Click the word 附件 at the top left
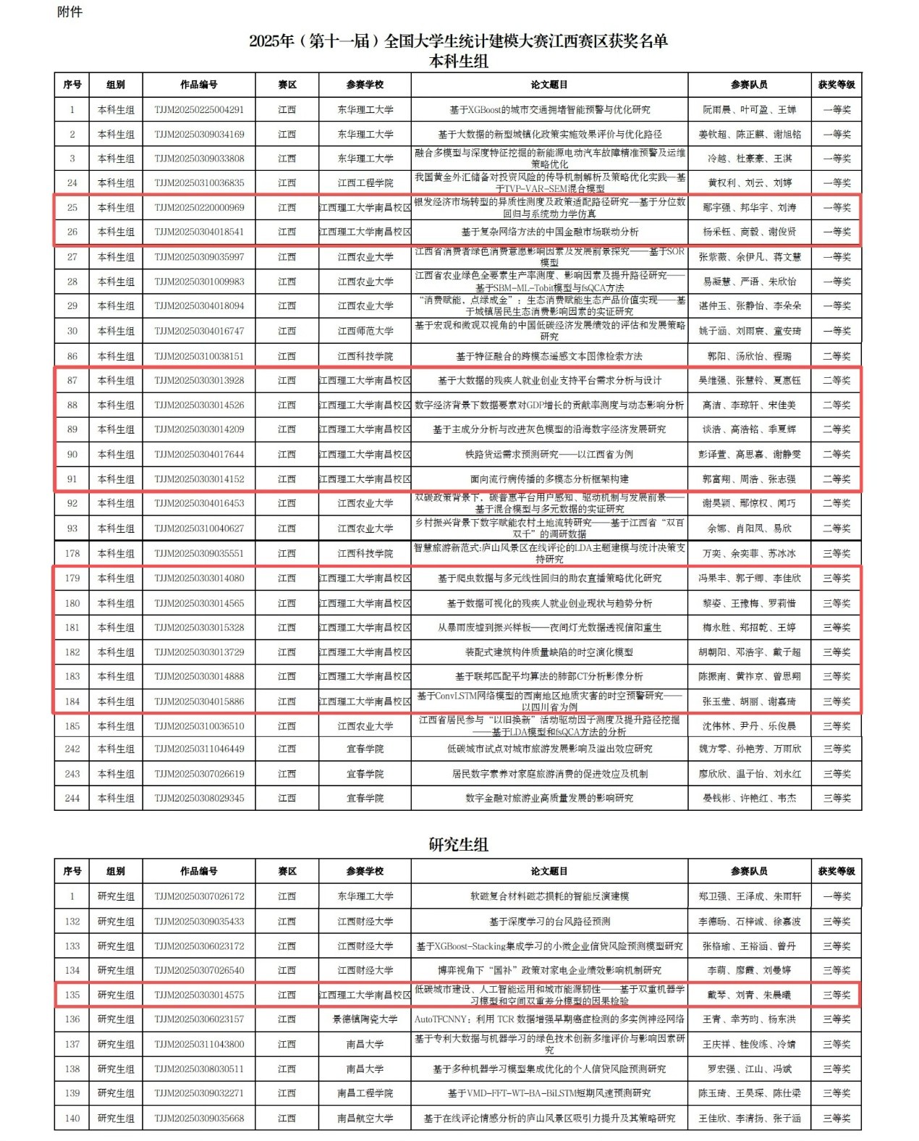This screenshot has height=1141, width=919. point(69,12)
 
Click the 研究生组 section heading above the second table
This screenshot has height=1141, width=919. point(459,843)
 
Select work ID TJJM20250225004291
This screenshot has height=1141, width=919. point(199,109)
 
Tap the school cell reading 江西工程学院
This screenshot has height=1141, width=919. point(365,182)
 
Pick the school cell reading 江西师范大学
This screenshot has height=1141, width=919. point(365,331)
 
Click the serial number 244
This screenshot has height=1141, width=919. point(72,798)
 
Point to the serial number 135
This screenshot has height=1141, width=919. point(72,995)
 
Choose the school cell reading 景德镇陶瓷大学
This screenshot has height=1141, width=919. point(365,1019)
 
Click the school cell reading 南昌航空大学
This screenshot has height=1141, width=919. point(365,1118)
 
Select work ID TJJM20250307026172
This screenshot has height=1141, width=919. point(199,896)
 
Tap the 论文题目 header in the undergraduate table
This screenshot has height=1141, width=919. point(549,85)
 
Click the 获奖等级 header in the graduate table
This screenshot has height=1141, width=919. point(837,871)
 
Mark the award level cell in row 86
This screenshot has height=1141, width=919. point(837,356)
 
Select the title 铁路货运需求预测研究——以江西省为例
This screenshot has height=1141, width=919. point(549,454)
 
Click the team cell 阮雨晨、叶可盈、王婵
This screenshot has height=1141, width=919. point(750,109)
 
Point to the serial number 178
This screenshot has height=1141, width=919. point(72,553)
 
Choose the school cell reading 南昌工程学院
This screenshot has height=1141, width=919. point(365,1093)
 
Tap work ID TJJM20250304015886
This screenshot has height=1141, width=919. point(199,701)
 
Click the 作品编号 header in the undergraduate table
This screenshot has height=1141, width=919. point(199,85)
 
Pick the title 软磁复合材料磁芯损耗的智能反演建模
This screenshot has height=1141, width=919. point(549,896)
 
